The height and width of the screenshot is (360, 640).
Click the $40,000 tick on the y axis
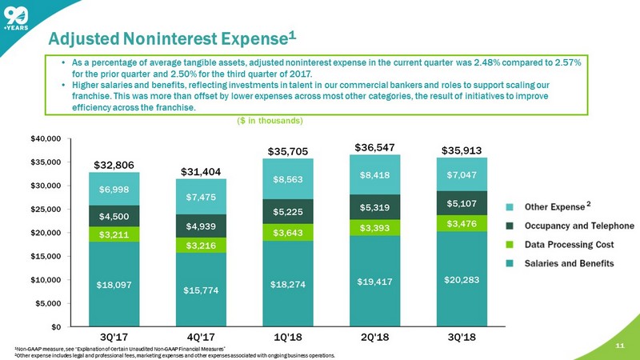point(45,138)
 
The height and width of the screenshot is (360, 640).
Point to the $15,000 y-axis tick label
point(45,256)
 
